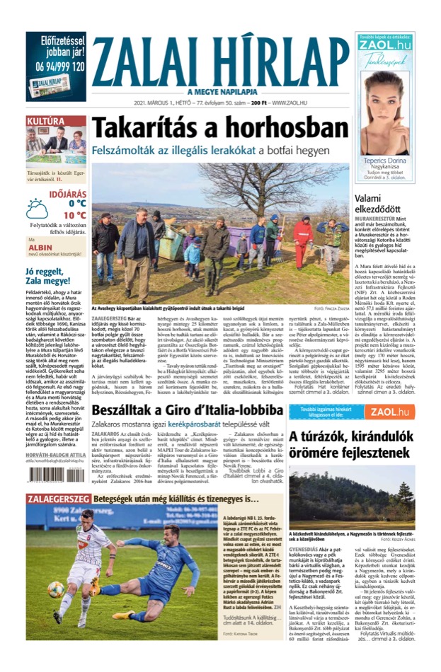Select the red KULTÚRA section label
(x=46, y=121)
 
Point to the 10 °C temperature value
(x=74, y=215)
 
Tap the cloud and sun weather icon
(x=37, y=209)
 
